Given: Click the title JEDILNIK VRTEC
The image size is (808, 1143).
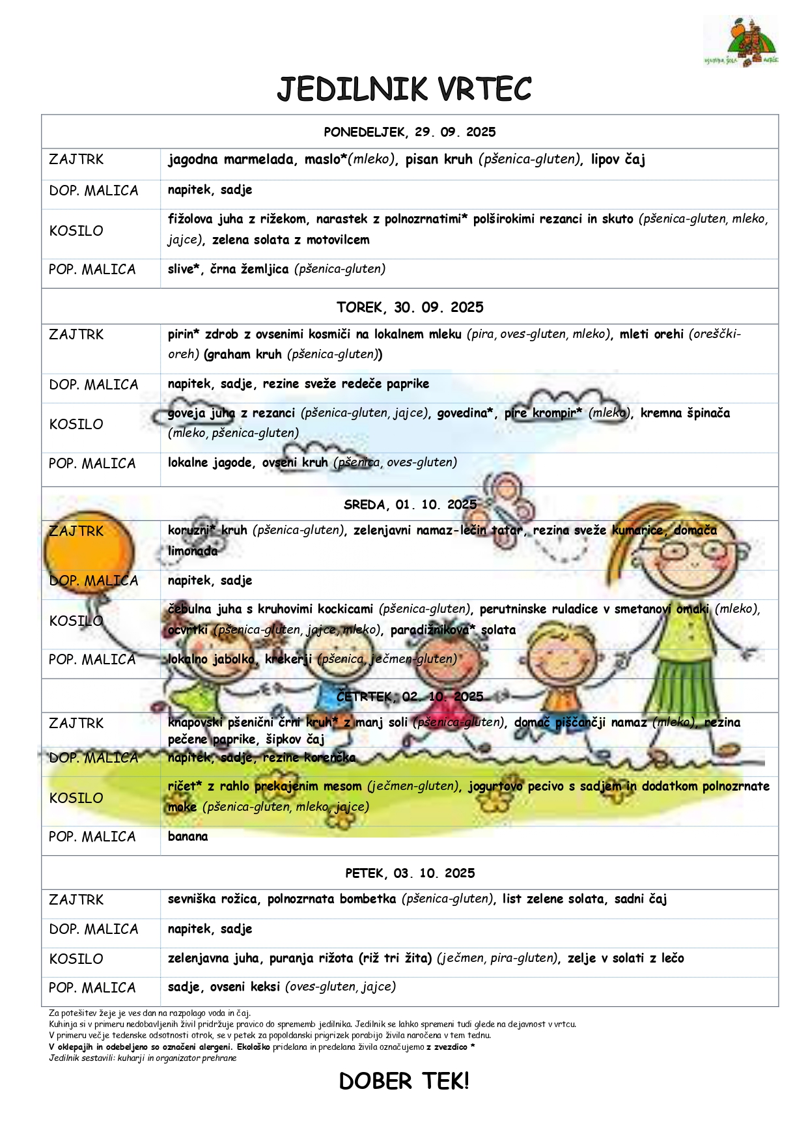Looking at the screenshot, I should pyautogui.click(x=404, y=89).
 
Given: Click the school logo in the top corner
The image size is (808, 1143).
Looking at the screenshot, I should pyautogui.click(x=741, y=42).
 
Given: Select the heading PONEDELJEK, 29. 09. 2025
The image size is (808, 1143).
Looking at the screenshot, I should pyautogui.click(x=410, y=132).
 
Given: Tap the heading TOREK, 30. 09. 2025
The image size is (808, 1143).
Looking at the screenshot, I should pyautogui.click(x=410, y=307).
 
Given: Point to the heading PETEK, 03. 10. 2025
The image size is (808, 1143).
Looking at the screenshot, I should pyautogui.click(x=410, y=873).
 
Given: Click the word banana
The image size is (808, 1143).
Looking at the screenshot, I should pyautogui.click(x=188, y=837).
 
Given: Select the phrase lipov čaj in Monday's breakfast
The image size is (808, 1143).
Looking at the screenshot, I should pyautogui.click(x=618, y=160).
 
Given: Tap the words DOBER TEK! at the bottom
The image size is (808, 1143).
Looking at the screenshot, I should pyautogui.click(x=404, y=1082).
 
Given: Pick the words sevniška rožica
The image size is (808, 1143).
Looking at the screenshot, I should pyautogui.click(x=214, y=899).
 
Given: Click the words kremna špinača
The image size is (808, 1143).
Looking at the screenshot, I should pyautogui.click(x=685, y=413).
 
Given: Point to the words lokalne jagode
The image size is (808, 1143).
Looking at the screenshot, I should pyautogui.click(x=210, y=463).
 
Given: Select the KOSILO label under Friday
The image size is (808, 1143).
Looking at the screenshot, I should pyautogui.click(x=76, y=959).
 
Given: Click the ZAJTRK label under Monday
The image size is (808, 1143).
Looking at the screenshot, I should pyautogui.click(x=76, y=160).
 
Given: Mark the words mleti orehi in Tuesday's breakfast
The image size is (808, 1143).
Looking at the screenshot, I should pyautogui.click(x=651, y=335).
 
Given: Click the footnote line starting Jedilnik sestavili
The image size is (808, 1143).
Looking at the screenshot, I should pyautogui.click(x=143, y=1058).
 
